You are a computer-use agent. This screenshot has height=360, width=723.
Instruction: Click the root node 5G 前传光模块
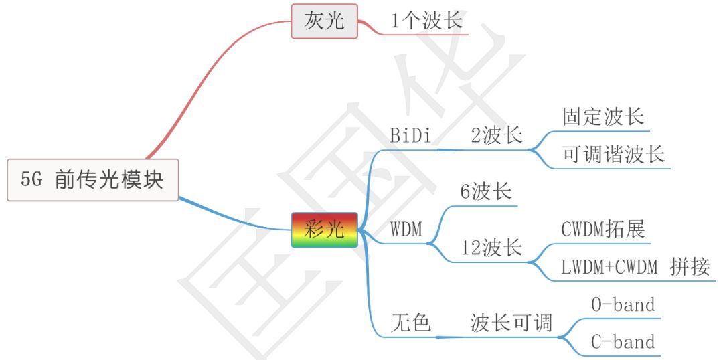click(93, 180)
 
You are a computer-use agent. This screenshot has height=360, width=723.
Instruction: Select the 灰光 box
click(324, 21)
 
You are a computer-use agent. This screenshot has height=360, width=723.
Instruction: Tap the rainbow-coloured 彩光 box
click(324, 230)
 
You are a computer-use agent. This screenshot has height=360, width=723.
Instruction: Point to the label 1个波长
click(426, 21)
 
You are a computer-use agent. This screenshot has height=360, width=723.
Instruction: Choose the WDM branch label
click(406, 230)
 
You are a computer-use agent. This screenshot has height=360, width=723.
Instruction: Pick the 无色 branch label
click(410, 324)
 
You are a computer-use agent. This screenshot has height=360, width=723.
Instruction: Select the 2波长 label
click(496, 136)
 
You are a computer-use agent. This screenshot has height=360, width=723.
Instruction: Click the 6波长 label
click(485, 192)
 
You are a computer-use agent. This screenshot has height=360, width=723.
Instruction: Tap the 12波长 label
click(491, 248)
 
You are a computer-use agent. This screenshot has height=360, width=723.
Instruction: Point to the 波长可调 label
click(511, 324)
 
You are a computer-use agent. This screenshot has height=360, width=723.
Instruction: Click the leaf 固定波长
click(603, 116)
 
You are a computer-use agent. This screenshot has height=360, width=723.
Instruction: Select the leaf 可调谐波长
click(613, 155)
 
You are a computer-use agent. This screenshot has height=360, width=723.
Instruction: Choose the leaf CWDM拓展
click(603, 230)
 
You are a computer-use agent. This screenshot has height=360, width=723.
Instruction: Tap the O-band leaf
click(623, 305)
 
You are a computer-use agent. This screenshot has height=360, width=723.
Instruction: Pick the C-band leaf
click(623, 343)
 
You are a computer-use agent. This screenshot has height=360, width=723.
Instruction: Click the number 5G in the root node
click(31, 180)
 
